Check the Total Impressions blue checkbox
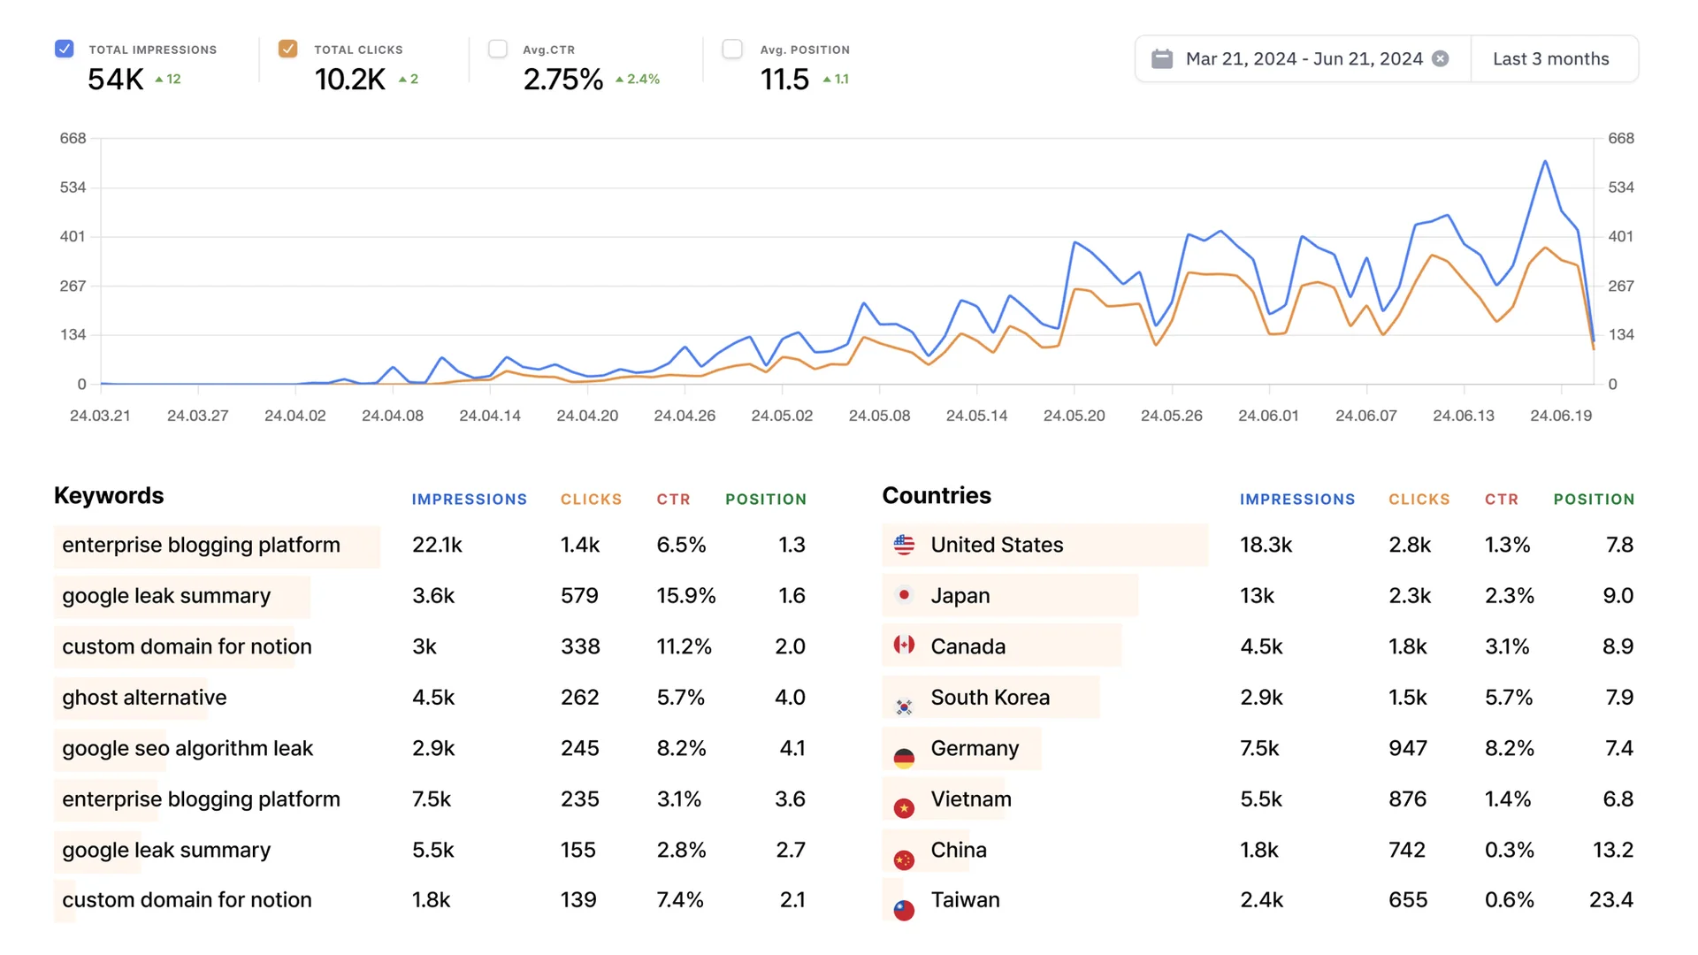click(64, 49)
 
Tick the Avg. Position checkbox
click(732, 49)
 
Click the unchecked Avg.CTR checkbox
click(498, 49)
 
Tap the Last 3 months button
click(1550, 59)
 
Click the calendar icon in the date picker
click(1162, 59)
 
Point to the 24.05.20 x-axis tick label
click(1074, 416)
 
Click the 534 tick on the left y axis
click(73, 187)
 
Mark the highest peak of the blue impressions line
click(1545, 161)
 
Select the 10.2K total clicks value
click(350, 80)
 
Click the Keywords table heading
click(109, 496)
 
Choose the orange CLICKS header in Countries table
click(1419, 500)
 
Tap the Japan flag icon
click(904, 595)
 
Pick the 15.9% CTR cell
click(685, 596)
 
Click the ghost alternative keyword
click(144, 698)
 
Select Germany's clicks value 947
click(1407, 749)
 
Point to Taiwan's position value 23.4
click(1610, 900)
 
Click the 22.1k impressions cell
click(437, 546)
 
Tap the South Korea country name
click(990, 698)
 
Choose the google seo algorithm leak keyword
click(187, 749)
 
